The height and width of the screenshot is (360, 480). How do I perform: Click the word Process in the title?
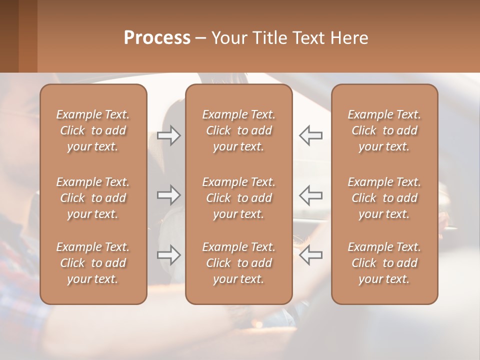coord(157,38)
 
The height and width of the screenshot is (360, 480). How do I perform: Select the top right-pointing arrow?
coord(169,135)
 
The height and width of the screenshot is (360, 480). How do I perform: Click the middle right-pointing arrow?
coord(169,194)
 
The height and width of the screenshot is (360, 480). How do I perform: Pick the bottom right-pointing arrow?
coord(169,255)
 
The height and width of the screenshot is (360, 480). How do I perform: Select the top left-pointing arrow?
coord(310,135)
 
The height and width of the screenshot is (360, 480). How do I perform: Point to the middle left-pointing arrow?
coord(310,194)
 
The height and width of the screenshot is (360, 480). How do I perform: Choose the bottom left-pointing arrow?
coord(310,255)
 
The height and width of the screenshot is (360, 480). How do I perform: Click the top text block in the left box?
coord(93,130)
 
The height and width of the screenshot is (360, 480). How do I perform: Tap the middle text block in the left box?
coord(93,198)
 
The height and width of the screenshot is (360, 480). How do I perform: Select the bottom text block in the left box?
coord(93,263)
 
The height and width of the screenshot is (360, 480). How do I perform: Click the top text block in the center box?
coord(239,130)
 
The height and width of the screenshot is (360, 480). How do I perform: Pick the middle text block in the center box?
coord(239,198)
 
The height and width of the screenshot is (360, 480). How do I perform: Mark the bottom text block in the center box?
coord(239,263)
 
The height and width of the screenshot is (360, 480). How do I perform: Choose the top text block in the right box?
coord(384,130)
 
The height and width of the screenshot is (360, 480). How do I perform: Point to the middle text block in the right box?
coord(384,198)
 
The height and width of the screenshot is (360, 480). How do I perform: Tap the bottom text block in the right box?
coord(384,263)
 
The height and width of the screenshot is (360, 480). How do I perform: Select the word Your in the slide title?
coord(228,38)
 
